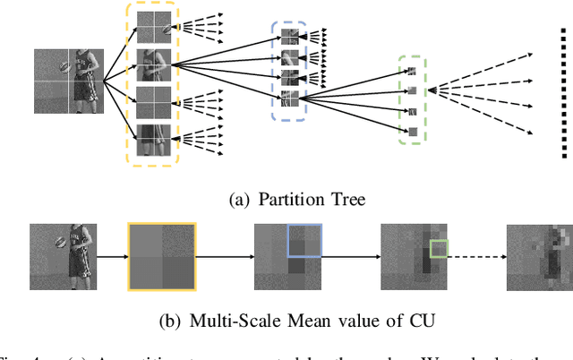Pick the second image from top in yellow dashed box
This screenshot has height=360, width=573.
151,64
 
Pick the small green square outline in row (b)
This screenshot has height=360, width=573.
439,250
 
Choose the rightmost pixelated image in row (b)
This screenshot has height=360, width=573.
539,255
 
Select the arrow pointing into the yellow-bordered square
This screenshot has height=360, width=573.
112,255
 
